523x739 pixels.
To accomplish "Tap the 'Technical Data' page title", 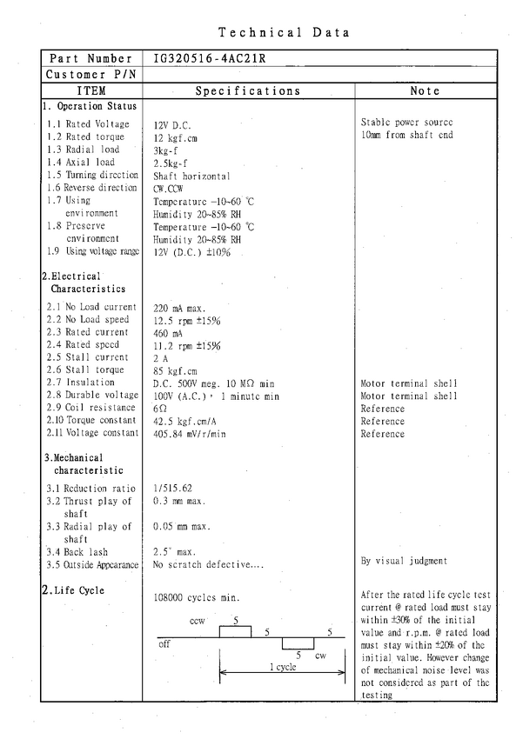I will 284,33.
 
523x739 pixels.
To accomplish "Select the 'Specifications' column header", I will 248,90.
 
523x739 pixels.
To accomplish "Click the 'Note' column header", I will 425,90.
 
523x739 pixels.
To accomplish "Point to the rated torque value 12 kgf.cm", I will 176,137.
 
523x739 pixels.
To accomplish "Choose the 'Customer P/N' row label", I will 91,74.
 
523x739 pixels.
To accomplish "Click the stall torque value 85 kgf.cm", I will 176,370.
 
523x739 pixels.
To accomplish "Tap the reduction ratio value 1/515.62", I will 174,489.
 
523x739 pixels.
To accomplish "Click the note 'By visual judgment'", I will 404,562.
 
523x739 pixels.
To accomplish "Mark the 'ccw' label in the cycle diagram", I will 197,622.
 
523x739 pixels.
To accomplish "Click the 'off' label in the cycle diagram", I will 164,645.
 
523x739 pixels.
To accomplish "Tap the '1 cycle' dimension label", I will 282,667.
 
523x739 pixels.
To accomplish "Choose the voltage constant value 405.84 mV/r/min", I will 190,433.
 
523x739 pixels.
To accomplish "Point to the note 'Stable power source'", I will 406,123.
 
